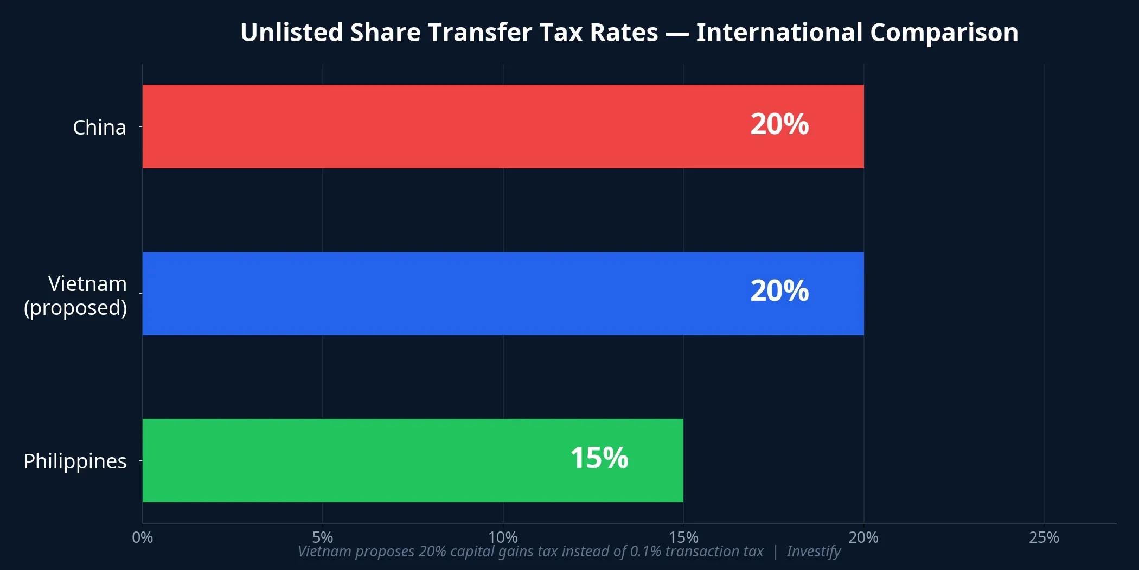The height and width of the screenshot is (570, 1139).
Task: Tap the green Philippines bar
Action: [x=380, y=460]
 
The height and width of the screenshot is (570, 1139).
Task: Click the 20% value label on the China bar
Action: [x=779, y=124]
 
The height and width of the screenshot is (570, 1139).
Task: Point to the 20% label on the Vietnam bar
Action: [x=779, y=291]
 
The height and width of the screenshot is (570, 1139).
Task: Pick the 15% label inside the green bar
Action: [x=599, y=458]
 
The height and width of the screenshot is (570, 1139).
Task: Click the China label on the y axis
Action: [x=99, y=128]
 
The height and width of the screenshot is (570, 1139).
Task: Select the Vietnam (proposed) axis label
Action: [x=76, y=295]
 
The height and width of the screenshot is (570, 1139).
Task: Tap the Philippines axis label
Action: [x=75, y=461]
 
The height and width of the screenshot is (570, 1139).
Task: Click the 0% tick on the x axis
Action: [x=143, y=537]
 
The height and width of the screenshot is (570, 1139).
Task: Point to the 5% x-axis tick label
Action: [x=323, y=537]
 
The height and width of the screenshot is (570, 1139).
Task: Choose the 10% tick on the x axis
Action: [x=503, y=537]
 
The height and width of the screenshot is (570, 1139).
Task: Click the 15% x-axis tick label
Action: [x=683, y=537]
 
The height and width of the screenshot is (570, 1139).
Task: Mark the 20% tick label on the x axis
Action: [x=863, y=537]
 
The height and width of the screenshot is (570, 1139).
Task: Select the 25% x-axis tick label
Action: [x=1044, y=537]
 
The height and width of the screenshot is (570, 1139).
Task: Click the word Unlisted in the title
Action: [x=291, y=33]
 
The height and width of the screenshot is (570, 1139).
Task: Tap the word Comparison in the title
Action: [x=944, y=33]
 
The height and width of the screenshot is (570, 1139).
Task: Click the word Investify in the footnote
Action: [x=814, y=552]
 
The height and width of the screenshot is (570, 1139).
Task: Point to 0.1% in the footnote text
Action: [x=645, y=552]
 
